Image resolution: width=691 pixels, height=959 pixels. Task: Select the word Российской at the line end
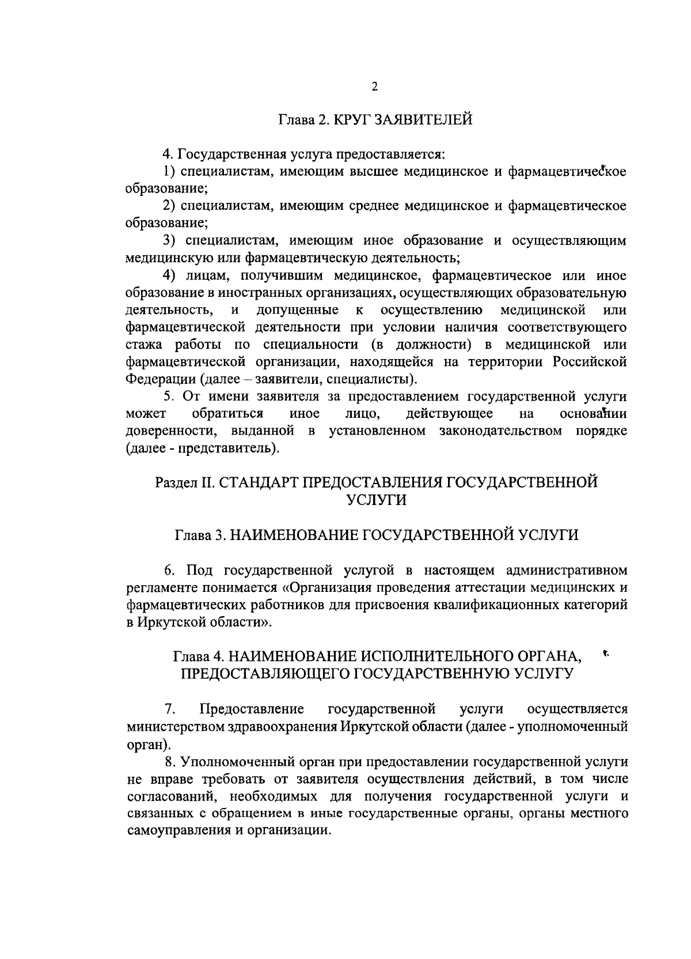(x=590, y=362)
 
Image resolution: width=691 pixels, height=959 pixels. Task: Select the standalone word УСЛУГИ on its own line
(x=376, y=500)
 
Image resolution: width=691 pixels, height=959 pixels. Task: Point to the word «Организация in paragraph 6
(x=336, y=588)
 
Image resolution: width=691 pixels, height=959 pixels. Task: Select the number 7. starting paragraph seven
(x=169, y=709)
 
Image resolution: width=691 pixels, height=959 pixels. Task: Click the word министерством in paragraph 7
(x=173, y=726)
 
